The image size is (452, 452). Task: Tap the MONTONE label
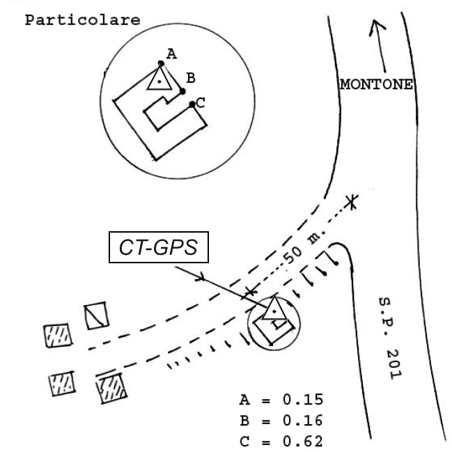375,85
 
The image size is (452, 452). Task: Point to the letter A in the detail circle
171,52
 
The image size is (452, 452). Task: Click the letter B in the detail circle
190,78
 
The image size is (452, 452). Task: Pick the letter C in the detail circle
200,102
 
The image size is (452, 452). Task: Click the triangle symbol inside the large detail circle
160,79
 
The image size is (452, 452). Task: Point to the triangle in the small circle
274,308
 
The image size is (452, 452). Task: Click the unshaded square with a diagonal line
95,316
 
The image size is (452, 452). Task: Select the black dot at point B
182,91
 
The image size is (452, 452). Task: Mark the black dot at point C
192,104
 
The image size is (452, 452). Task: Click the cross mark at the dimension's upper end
353,203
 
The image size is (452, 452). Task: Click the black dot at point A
161,63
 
